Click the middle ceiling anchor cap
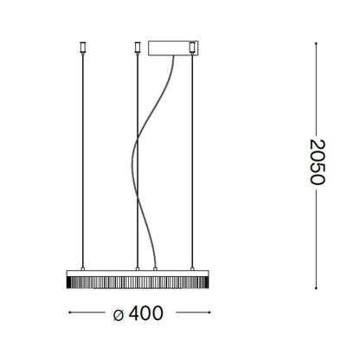137,44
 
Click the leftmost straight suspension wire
83,156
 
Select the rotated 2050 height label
316,162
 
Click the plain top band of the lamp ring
137,273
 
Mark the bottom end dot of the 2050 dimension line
315,287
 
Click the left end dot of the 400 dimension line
68,314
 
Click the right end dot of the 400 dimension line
206,314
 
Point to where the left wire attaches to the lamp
83,268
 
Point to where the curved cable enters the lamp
155,268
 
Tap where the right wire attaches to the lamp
191,268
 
